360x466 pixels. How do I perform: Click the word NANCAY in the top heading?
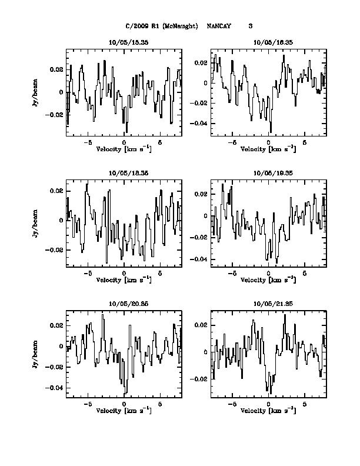tap(219, 26)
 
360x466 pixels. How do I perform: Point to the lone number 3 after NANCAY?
tap(251, 26)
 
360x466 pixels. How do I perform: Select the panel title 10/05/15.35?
tap(124, 43)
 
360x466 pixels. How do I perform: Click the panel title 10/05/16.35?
tap(269, 43)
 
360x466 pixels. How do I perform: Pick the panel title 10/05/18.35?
tap(124, 173)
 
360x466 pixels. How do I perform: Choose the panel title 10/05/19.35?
tap(269, 173)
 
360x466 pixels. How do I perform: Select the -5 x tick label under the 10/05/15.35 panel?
tap(88, 142)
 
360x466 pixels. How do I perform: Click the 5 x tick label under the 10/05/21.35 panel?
tap(305, 405)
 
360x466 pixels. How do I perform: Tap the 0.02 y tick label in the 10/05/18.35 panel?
tap(58, 191)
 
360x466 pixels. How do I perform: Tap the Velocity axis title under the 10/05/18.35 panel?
tap(124, 280)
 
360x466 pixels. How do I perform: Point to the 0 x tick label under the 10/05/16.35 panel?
tap(269, 142)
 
